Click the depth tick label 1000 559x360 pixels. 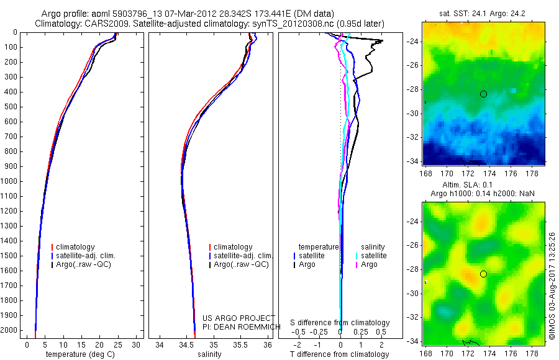pos(9,181)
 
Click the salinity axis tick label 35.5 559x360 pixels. pos(241,344)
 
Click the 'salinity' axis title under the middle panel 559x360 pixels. pos(209,354)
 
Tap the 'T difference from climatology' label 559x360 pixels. pos(340,354)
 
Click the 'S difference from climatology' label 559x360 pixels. pos(340,323)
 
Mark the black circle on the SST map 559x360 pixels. pos(483,94)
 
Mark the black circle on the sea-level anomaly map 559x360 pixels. pos(483,274)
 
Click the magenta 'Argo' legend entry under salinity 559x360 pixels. pos(369,264)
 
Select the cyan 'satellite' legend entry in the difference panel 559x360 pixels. pos(373,256)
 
